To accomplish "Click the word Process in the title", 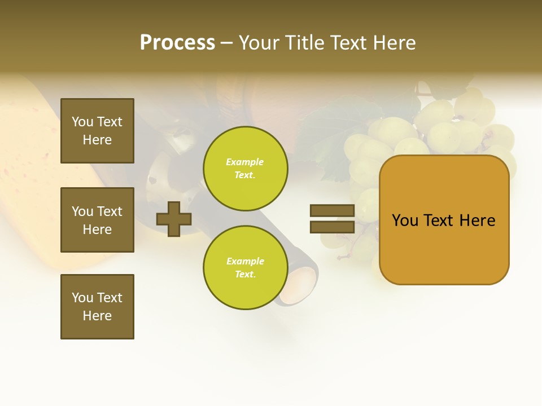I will [177, 43].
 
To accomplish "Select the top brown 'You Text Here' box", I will [97, 131].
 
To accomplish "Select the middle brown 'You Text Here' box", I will [97, 220].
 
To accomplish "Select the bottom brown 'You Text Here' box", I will [97, 307].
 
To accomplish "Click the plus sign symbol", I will [174, 219].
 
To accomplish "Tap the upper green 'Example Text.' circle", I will [245, 169].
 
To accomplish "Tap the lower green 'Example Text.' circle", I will [245, 268].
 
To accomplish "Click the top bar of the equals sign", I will [332, 210].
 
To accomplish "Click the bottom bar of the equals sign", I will [332, 227].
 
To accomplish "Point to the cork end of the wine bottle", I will [299, 285].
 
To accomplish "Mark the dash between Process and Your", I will [227, 43].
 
